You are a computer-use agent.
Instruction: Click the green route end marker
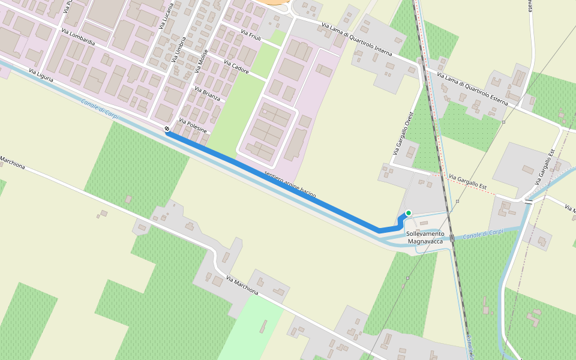coord(409,213)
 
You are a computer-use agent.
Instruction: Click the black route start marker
coord(167,129)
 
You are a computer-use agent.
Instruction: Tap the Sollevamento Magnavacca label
coord(425,237)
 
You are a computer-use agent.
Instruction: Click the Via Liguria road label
coord(41,76)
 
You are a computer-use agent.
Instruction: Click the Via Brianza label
coord(207,93)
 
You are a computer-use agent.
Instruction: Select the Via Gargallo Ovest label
coord(403,134)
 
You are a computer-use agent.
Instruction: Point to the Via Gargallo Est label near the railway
coord(467,182)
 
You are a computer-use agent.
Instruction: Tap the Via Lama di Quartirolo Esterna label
coord(473,89)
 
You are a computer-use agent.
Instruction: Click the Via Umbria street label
coord(179,49)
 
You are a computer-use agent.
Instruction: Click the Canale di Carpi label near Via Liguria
coord(100,109)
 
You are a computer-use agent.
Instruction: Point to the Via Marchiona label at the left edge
coord(12,162)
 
